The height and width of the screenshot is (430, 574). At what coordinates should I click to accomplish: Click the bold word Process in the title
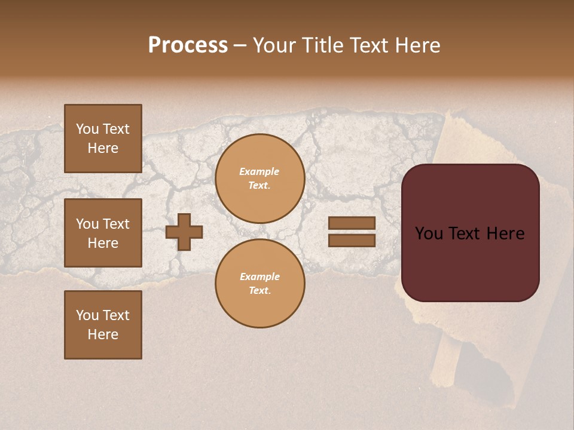coord(188,45)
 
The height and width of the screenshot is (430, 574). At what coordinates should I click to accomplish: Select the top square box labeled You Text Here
coord(103,139)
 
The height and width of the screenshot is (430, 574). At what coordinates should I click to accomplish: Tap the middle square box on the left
coord(103,233)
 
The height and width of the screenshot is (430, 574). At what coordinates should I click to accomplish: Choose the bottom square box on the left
coord(103,325)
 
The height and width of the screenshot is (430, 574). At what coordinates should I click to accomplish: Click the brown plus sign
coord(184,232)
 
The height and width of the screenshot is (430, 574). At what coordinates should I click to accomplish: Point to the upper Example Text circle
coord(259,179)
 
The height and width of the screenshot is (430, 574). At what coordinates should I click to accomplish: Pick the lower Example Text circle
coord(259,284)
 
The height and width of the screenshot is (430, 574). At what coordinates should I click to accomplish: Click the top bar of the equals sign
coord(352,223)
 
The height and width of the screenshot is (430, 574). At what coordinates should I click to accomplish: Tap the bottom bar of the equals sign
coord(352,240)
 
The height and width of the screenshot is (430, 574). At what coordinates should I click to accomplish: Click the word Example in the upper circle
coord(259,171)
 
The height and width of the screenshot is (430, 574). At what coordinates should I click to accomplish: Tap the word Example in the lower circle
coord(259,277)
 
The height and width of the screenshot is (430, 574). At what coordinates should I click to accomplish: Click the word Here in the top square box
coord(103,148)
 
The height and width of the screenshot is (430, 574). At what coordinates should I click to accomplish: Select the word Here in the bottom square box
coord(103,334)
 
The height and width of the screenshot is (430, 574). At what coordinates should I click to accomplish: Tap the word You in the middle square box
coord(87,224)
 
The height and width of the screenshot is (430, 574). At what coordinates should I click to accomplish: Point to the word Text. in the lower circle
coord(259,291)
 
